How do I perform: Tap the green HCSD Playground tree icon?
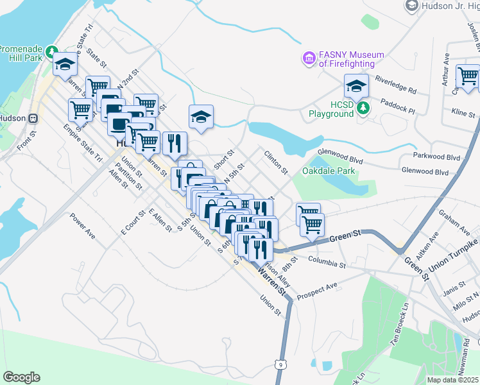364,107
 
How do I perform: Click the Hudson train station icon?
33,119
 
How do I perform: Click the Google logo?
21,377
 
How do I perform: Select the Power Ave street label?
82,227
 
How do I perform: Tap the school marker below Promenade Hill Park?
65,65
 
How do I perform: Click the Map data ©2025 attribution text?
453,380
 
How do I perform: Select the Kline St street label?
462,114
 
